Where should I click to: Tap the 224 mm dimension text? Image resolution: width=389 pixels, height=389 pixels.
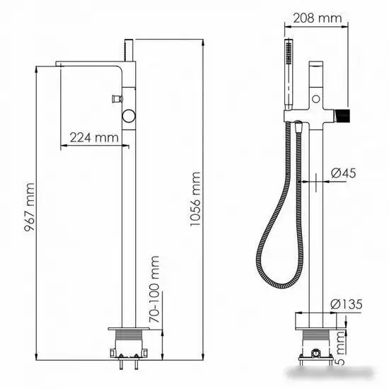[93, 138]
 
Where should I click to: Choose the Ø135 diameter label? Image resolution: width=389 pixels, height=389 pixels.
[347, 303]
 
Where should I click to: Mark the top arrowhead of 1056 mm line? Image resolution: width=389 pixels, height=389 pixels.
[203, 35]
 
